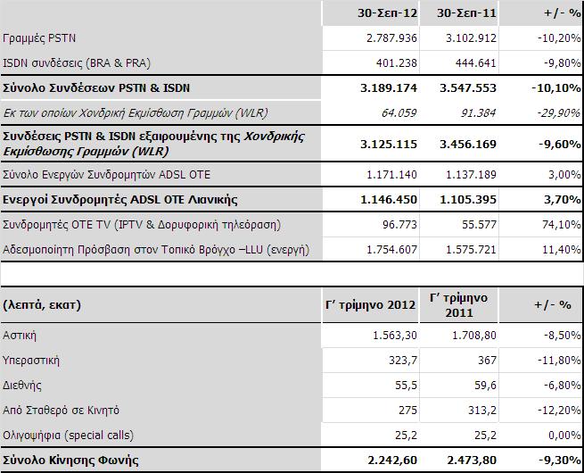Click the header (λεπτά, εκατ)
tap(41, 303)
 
